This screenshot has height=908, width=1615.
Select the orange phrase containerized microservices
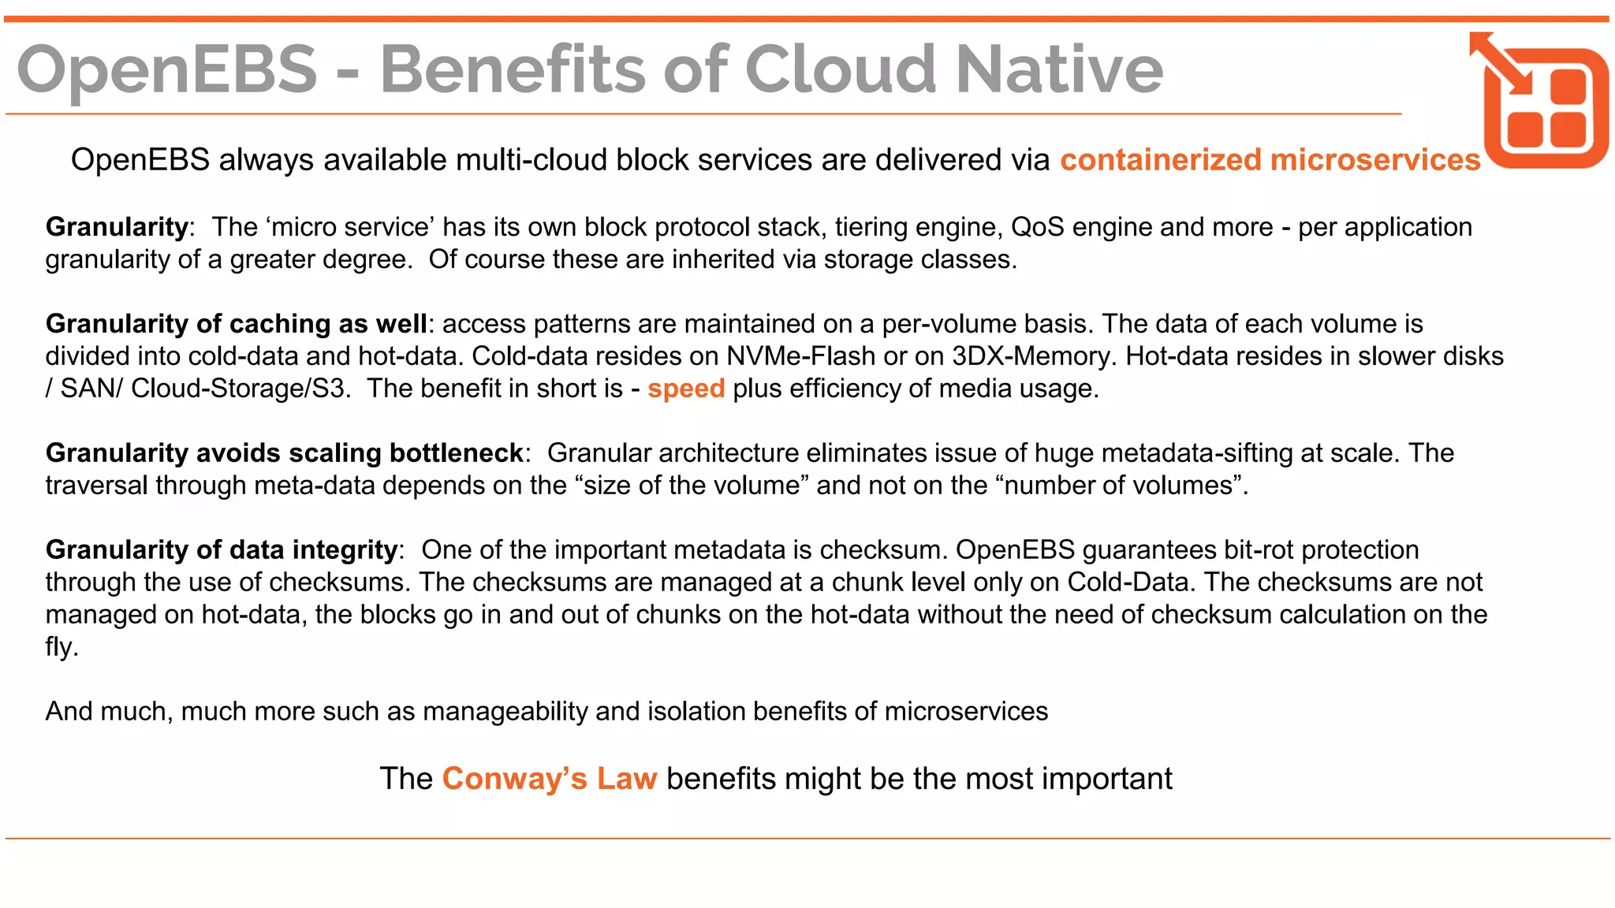[1270, 160]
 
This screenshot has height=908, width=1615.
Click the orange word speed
[685, 389]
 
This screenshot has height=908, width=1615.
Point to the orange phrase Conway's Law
[549, 779]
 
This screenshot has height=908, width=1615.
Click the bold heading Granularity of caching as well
[236, 324]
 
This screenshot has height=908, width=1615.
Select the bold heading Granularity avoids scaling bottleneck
[284, 453]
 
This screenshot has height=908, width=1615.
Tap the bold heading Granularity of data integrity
[222, 550]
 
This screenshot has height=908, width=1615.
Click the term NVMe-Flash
[800, 356]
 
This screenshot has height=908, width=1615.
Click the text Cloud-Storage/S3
[240, 389]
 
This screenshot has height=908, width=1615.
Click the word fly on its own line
[60, 647]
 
